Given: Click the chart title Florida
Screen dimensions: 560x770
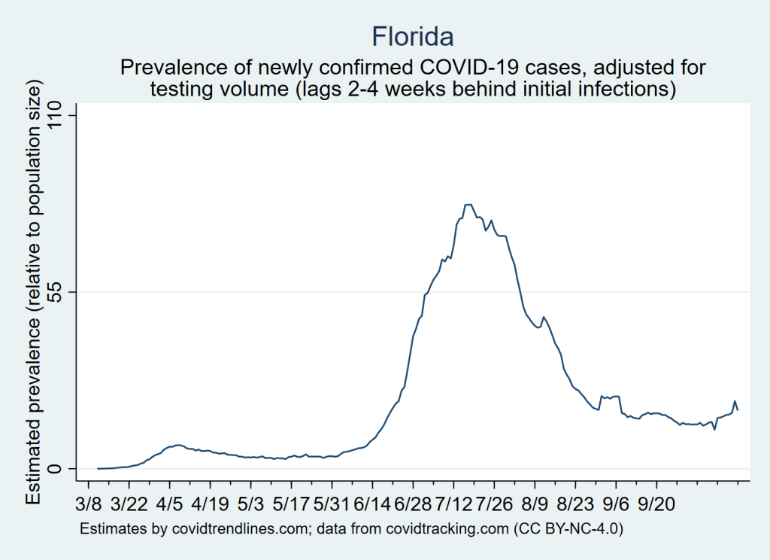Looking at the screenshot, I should [413, 35].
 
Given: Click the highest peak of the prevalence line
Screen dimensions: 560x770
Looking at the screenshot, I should [468, 204].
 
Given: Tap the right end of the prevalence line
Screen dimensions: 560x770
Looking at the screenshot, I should [738, 409].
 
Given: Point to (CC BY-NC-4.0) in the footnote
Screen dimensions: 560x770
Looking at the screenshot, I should [568, 529].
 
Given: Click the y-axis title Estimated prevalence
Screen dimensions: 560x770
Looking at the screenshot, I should [34, 301].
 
